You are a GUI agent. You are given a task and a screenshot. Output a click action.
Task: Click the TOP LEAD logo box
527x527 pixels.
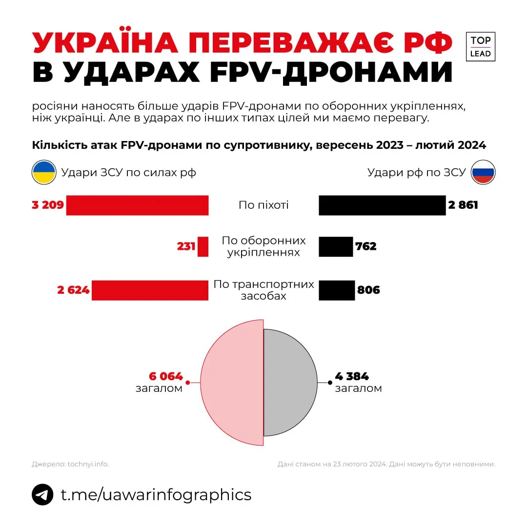click(x=480, y=47)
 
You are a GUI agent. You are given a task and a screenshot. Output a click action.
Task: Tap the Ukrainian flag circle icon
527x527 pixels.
click(x=44, y=172)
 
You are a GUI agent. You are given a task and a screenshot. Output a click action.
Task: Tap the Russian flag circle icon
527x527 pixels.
click(x=483, y=172)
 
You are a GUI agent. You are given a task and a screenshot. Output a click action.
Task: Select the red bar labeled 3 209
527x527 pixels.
click(x=137, y=205)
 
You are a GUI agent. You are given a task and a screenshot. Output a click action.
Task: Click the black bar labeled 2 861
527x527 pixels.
click(x=382, y=205)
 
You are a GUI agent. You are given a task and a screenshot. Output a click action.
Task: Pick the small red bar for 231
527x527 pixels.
click(x=203, y=246)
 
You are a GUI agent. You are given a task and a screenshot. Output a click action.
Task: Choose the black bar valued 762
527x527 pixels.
click(x=336, y=246)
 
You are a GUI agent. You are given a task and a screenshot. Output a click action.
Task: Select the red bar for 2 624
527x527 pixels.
click(x=150, y=290)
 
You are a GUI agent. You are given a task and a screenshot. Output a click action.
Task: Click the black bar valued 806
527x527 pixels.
click(x=337, y=290)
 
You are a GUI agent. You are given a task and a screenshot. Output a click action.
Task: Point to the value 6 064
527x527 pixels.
click(x=166, y=376)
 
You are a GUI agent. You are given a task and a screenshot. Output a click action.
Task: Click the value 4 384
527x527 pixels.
click(x=352, y=376)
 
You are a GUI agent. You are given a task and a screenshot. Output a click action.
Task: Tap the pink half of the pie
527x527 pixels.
click(x=232, y=383)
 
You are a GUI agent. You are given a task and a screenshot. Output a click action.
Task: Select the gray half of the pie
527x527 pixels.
click(x=290, y=383)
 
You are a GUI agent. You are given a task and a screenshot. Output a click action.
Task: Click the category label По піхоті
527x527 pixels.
click(x=263, y=205)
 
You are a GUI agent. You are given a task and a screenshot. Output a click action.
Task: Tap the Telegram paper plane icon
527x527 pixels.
click(x=42, y=494)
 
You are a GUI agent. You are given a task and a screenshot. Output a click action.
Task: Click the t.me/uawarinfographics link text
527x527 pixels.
click(x=156, y=494)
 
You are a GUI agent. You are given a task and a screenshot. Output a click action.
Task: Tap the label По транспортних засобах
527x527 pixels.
click(x=263, y=290)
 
